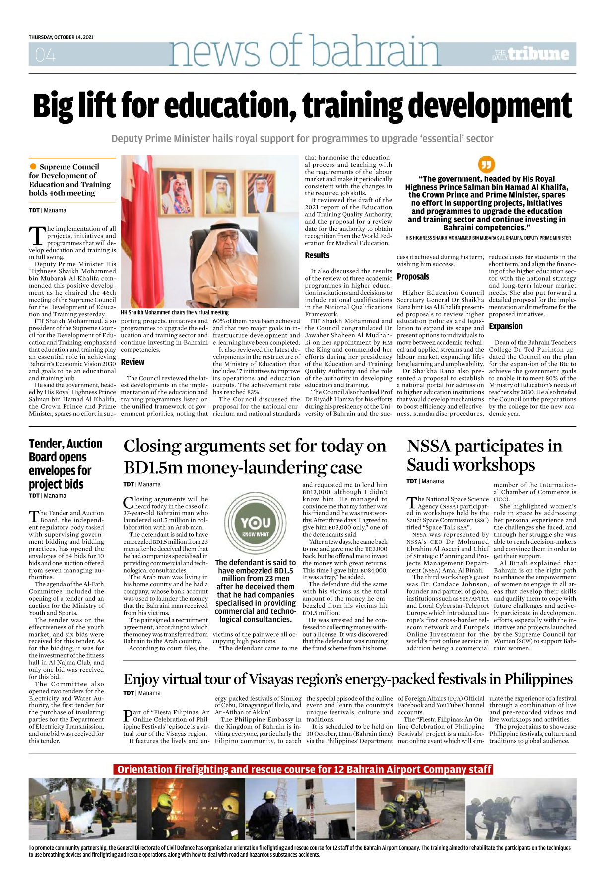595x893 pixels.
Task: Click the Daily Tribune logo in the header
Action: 530,54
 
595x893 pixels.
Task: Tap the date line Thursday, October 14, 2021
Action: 61,37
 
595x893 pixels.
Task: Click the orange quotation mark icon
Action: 486,164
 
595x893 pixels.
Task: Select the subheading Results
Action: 317,255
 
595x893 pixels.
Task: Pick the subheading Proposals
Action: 413,277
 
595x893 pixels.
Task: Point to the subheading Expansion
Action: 506,326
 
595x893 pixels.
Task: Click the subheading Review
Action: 132,362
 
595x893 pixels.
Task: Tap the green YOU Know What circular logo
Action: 256,523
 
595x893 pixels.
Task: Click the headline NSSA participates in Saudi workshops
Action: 484,455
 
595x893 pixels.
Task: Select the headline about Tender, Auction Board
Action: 66,463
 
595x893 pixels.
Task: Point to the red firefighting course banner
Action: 304,769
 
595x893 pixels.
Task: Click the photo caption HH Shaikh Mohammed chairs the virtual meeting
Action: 175,312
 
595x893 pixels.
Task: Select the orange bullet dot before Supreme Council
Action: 33,167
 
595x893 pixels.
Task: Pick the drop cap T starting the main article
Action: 37,236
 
